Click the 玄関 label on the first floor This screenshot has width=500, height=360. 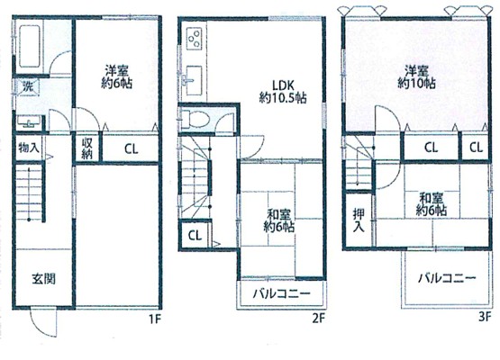(x=43, y=279)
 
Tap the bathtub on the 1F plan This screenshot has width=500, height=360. (x=30, y=47)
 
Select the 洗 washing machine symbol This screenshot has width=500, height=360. (x=27, y=86)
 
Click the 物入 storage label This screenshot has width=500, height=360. (x=29, y=148)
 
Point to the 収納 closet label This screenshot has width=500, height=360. (x=87, y=148)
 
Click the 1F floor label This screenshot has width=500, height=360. (x=155, y=319)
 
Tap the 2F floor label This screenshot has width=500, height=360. (x=318, y=319)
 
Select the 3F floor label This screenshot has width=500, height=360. (x=484, y=319)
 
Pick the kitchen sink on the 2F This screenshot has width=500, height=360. (x=194, y=80)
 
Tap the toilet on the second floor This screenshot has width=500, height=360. (x=195, y=120)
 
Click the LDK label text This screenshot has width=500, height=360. (x=283, y=85)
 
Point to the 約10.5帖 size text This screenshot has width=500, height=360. (x=283, y=98)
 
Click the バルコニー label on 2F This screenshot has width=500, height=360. (x=282, y=293)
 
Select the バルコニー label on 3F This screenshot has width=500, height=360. (x=447, y=278)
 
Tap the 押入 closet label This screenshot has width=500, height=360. (x=359, y=220)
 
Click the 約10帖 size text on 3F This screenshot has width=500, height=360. (x=416, y=84)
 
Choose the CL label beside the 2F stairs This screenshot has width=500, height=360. (x=195, y=236)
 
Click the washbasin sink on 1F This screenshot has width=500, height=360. (x=29, y=122)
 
